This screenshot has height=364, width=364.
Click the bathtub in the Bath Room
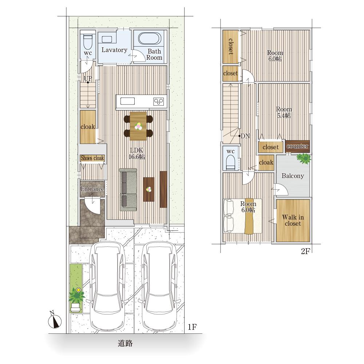point(150,38)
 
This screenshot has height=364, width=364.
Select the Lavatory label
point(114,50)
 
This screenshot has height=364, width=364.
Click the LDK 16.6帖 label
point(137,154)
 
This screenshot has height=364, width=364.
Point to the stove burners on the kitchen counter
point(159,102)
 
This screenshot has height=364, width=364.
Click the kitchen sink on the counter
point(127,102)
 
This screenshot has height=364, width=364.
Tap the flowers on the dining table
point(138,126)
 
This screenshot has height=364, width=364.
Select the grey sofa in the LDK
point(128,189)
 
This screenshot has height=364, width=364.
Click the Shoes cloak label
point(92,158)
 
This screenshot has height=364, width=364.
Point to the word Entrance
point(92,189)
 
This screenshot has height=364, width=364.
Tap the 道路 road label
point(125,343)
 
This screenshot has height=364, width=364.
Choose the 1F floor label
point(192,327)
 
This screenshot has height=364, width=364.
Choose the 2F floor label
point(305,252)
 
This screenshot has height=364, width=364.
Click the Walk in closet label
point(293,220)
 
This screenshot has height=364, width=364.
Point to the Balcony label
point(293,176)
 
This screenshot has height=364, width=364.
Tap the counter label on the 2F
point(297,146)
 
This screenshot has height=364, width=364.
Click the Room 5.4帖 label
point(284,112)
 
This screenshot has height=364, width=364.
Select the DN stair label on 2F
point(245,136)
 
